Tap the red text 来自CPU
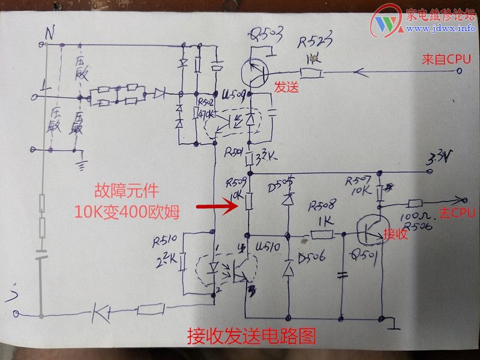(446, 59)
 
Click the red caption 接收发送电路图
(251, 335)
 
